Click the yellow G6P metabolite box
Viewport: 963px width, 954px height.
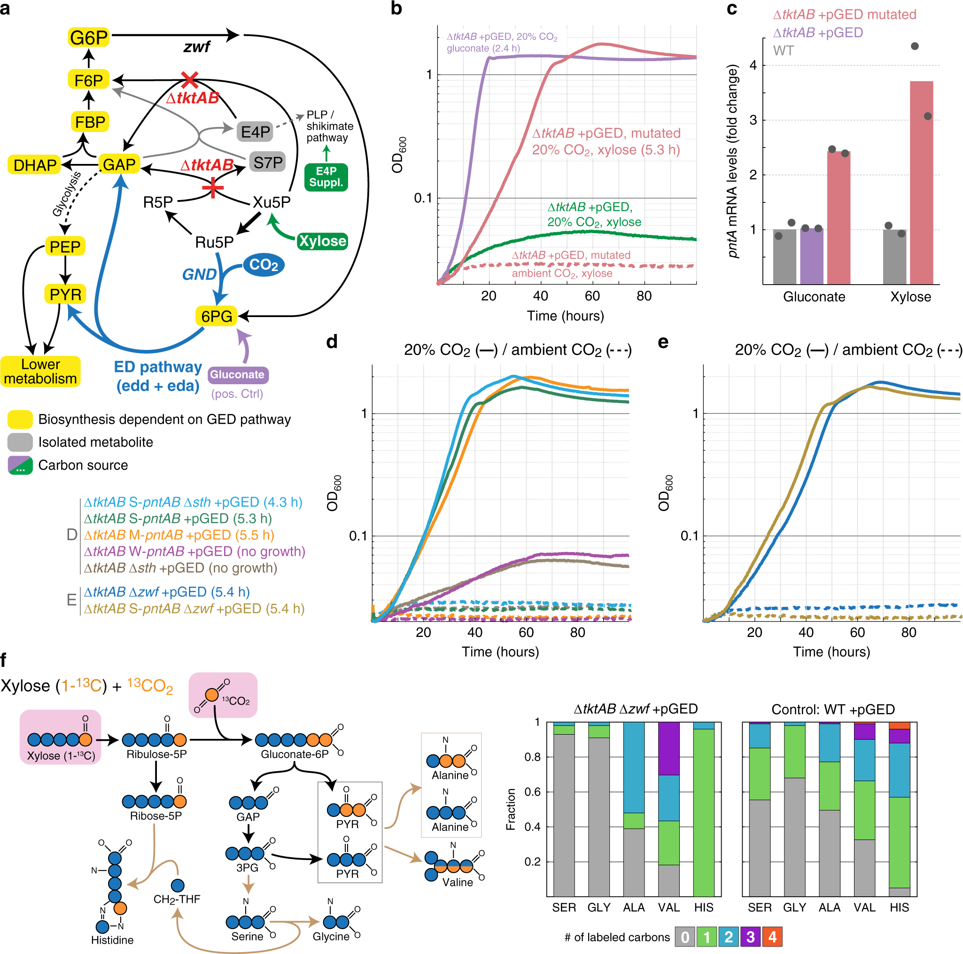[89, 38]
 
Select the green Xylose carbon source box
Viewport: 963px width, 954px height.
[322, 241]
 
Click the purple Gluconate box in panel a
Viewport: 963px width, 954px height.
[237, 374]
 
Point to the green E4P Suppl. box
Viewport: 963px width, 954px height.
[326, 177]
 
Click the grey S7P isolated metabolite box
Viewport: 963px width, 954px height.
[268, 163]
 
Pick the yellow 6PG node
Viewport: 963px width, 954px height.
[217, 316]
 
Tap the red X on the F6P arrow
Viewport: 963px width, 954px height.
[189, 79]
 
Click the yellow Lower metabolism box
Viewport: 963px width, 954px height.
[40, 372]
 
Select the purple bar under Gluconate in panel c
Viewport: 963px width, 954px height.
[811, 256]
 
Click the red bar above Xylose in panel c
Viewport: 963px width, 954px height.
[921, 182]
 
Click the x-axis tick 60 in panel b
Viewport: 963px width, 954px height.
[592, 296]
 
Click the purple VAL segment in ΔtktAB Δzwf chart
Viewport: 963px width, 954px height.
[668, 748]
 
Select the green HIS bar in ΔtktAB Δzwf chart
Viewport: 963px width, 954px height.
[703, 812]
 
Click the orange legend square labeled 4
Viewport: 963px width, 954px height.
[772, 937]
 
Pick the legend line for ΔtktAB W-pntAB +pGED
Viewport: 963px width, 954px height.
[194, 551]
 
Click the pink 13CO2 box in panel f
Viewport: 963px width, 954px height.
[223, 695]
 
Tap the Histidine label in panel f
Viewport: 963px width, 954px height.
[112, 940]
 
